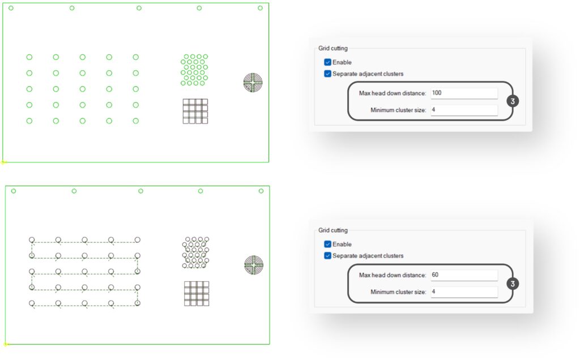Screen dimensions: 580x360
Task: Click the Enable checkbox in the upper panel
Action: (327, 62)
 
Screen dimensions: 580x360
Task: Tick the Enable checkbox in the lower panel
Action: (327, 244)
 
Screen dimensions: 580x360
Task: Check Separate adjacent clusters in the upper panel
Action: (327, 74)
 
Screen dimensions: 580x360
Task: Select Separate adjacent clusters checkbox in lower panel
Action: (327, 255)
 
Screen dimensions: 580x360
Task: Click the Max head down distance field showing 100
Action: (464, 93)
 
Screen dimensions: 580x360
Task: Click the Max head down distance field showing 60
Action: (464, 275)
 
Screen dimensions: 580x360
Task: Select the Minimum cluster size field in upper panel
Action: (464, 110)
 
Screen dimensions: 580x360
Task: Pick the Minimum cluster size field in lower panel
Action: (464, 292)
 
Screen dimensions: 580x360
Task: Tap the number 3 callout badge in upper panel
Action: (513, 101)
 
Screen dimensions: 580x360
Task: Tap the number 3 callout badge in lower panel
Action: (513, 284)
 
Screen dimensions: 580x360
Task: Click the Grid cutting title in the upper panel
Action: (333, 49)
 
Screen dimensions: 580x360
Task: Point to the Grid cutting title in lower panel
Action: (333, 230)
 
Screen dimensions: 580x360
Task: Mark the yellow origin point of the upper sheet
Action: (3, 162)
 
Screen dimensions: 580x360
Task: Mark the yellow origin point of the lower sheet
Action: (6, 344)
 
